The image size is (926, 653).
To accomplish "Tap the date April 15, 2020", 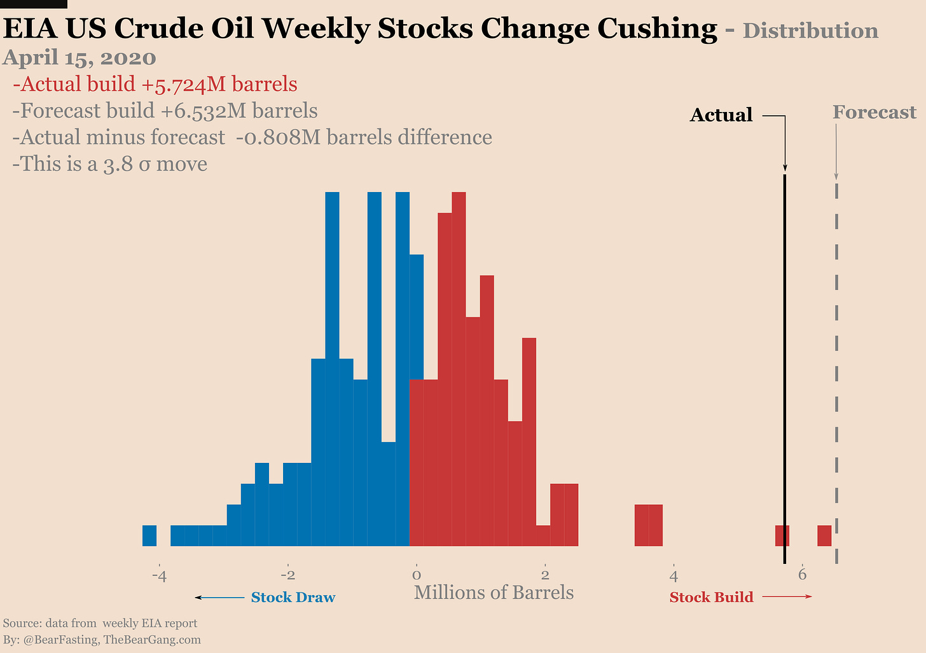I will click(79, 58).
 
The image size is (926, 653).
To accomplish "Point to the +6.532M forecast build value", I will click(202, 111).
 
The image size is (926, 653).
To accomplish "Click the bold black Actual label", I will click(721, 115).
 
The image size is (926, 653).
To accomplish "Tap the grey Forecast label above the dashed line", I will click(874, 113).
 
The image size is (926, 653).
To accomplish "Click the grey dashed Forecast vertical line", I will click(836, 356).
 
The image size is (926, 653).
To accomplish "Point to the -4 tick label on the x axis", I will click(159, 576).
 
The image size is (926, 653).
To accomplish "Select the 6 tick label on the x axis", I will click(803, 575).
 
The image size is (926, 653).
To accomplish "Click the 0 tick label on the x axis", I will click(417, 576).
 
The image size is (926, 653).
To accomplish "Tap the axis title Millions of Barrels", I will click(494, 593).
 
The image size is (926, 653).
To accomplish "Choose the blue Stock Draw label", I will click(293, 598).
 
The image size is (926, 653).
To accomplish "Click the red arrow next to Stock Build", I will click(787, 596).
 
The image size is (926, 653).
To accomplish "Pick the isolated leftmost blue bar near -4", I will click(149, 535).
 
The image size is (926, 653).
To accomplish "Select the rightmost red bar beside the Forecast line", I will click(824, 535).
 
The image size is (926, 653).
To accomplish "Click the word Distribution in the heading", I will click(810, 31).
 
